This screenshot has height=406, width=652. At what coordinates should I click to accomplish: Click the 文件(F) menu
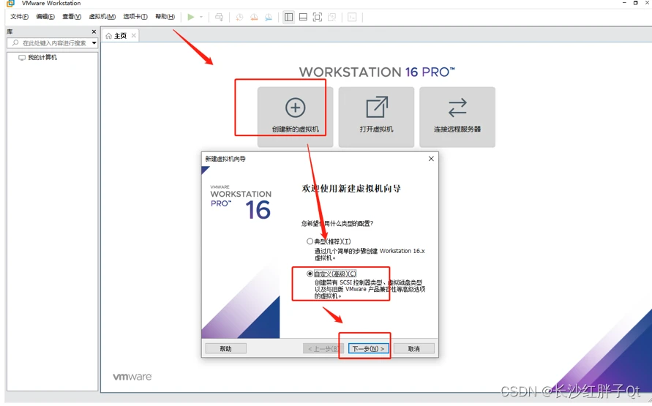[19, 17]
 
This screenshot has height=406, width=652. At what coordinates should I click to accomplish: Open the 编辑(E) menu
[45, 17]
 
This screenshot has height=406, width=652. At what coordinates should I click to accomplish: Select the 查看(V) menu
[72, 17]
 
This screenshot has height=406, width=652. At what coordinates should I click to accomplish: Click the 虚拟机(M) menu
[102, 17]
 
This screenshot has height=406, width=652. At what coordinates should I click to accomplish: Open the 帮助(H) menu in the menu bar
[165, 17]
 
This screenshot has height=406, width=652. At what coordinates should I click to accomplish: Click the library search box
[52, 43]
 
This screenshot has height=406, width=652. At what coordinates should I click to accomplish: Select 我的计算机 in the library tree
[42, 57]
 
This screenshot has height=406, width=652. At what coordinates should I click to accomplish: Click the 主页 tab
[120, 36]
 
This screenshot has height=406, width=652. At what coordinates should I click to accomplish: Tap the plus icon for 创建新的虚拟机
[295, 108]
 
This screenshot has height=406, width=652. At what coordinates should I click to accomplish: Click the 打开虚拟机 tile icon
[377, 108]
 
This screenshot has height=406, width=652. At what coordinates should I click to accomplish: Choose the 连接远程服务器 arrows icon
[457, 108]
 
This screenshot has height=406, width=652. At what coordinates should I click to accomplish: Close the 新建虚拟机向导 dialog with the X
[431, 159]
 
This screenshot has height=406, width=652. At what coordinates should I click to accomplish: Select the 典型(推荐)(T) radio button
[310, 241]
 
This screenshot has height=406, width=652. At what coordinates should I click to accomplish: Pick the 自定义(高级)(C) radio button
[310, 274]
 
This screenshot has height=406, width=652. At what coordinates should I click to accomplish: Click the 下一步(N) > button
[368, 349]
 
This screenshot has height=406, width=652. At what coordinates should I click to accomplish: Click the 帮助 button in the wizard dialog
[226, 349]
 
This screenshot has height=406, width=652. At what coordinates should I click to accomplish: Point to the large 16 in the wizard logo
[258, 210]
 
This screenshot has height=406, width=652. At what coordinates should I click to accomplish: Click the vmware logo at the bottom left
[132, 377]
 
